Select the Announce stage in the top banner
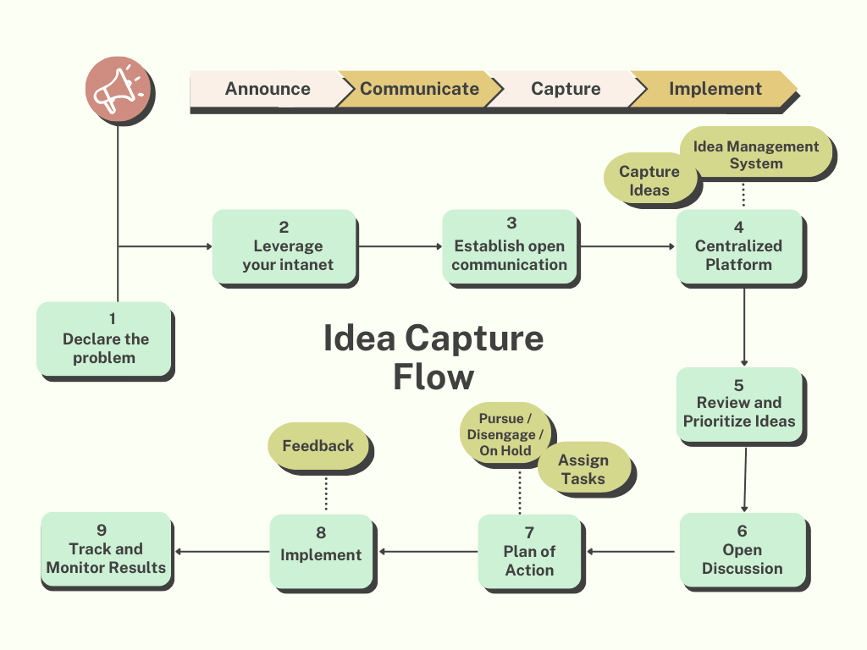[268, 89]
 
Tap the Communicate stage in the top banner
[419, 89]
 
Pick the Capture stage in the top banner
[566, 89]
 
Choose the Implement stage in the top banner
[715, 89]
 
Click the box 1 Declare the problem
[104, 339]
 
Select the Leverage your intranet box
[284, 246]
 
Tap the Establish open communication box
[510, 246]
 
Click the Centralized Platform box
[739, 246]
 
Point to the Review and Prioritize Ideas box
[739, 404]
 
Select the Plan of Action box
[529, 552]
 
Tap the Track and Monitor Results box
[106, 549]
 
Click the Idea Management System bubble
[755, 154]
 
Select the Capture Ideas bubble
[649, 180]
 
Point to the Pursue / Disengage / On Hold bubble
[505, 434]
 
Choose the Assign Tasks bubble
[583, 469]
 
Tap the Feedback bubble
[318, 445]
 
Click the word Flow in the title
[433, 377]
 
